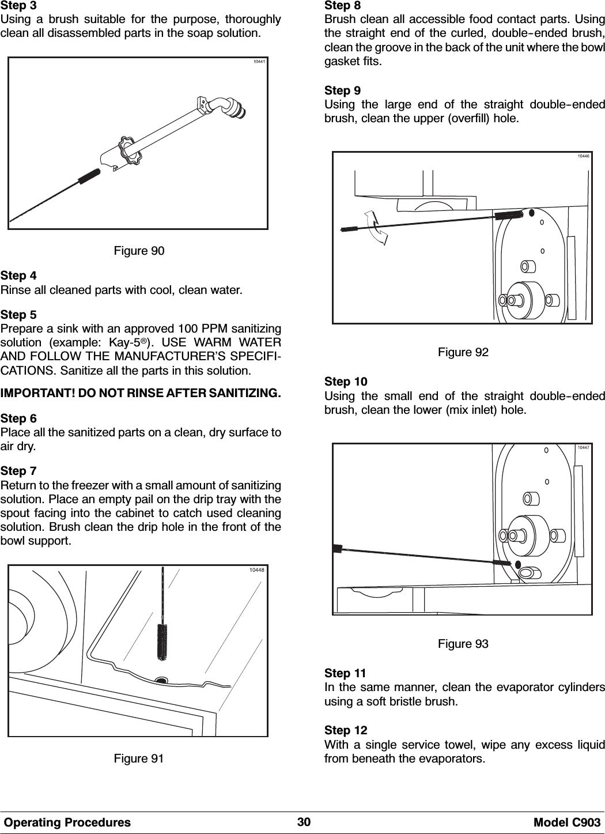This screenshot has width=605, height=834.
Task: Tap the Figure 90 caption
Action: [x=138, y=251]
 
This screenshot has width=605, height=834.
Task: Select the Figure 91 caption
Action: [x=138, y=758]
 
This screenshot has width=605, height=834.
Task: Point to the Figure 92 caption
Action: [x=463, y=352]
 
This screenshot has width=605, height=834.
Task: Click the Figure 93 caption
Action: [x=463, y=644]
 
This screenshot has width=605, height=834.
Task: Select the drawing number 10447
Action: [x=583, y=447]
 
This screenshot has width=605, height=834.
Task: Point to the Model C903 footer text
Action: [x=570, y=822]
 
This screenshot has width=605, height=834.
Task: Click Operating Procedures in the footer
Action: [x=67, y=822]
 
